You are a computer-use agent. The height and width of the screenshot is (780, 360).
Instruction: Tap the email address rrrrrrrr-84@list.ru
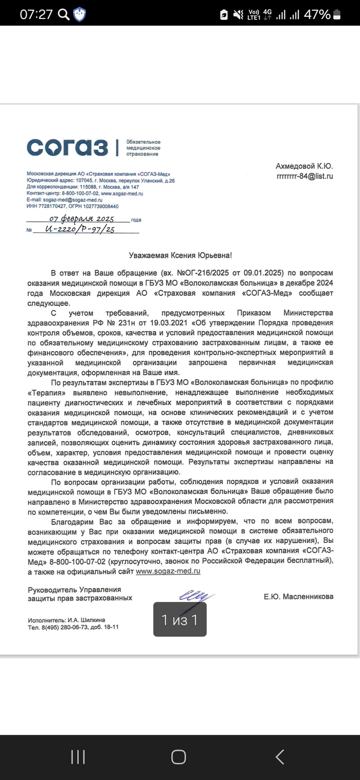[304, 176]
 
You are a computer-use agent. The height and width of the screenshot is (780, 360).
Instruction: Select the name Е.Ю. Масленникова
[298, 596]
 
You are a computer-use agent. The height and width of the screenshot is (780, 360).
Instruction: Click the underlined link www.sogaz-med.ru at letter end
[168, 571]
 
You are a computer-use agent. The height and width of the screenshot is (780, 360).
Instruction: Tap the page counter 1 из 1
[179, 620]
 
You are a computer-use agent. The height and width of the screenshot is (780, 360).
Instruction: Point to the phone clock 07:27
[36, 14]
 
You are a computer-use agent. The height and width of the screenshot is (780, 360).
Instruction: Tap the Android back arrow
[280, 756]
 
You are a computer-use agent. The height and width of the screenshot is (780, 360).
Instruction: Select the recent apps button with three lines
[78, 756]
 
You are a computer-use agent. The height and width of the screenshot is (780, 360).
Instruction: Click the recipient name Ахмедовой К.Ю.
[304, 166]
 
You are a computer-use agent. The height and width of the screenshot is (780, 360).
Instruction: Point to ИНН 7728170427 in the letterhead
[48, 206]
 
